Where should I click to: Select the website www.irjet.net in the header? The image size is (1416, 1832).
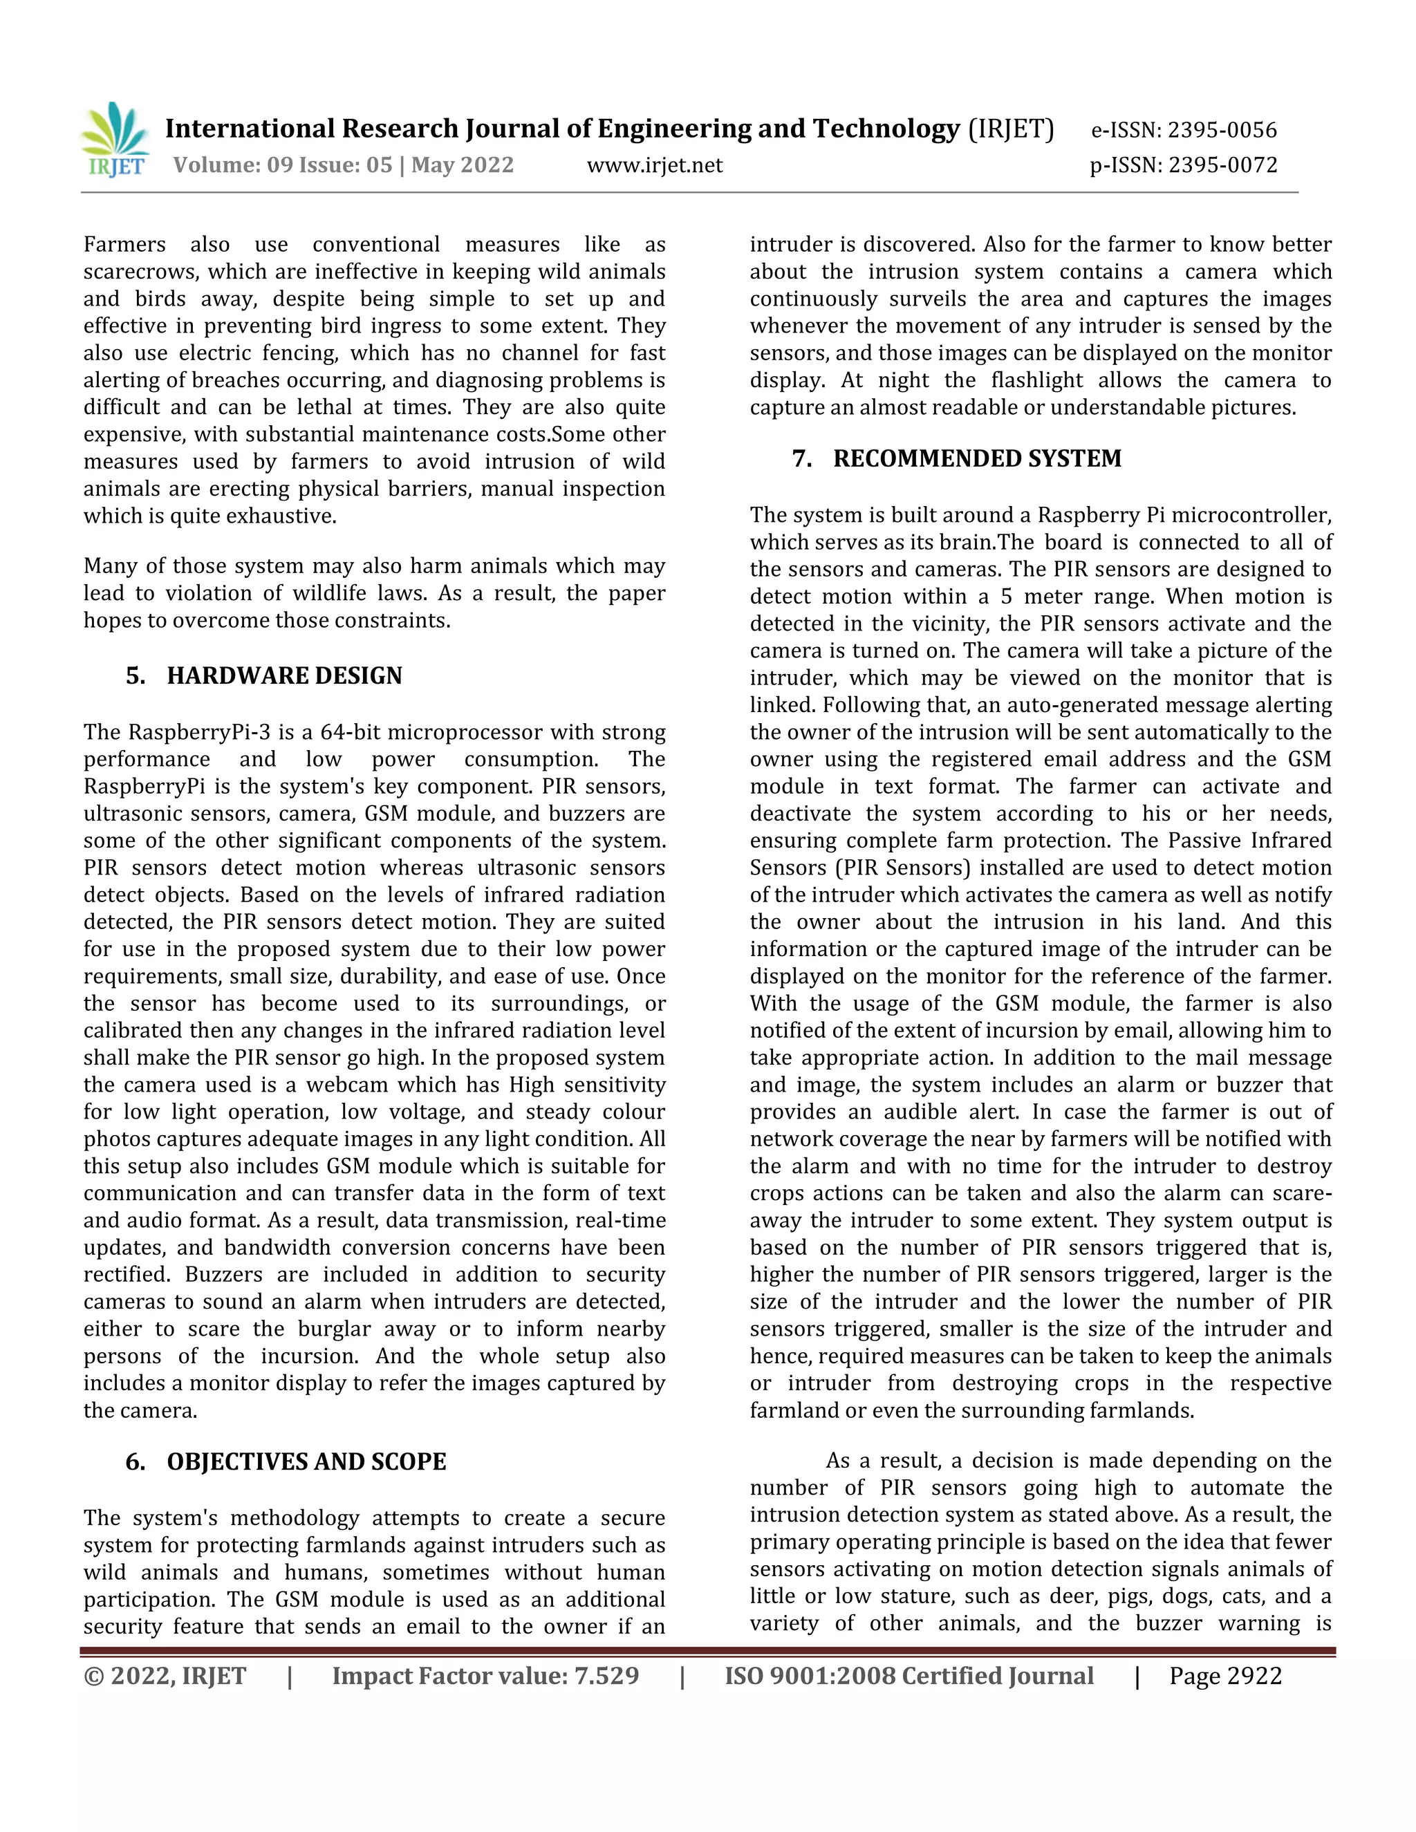(x=654, y=165)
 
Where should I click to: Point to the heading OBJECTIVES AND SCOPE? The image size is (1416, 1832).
(x=306, y=1462)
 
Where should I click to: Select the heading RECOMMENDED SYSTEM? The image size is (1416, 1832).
(x=977, y=459)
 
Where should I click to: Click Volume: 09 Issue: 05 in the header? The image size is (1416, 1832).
(x=283, y=165)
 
